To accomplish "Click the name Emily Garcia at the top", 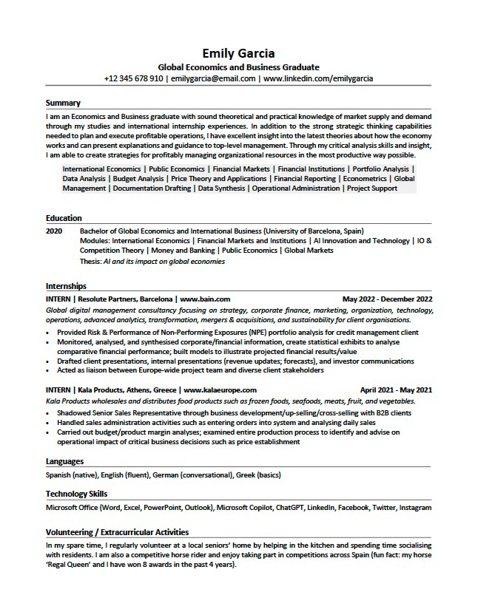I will point(238,53).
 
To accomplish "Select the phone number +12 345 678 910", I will point(133,78).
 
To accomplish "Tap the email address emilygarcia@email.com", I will point(213,78).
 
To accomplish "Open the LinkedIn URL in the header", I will point(318,78).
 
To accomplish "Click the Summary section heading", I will point(63,103).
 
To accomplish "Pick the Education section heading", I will point(64,218).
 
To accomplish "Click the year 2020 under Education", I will point(54,231).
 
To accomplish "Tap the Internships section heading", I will point(66,286).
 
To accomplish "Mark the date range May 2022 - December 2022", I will point(387,299).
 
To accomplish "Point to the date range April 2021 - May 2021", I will point(396,390).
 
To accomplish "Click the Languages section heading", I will point(64,462).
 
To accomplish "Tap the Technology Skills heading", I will point(76,494).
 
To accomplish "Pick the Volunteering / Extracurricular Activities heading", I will point(117,532).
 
